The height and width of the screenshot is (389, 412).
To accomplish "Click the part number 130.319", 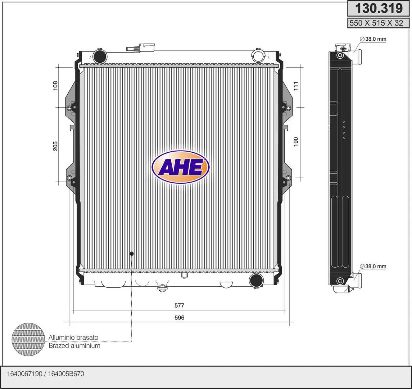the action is coord(379,8).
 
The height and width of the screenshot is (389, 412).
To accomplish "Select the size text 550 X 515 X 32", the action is coord(376,23).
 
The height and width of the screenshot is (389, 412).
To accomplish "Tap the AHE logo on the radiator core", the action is coord(181,167).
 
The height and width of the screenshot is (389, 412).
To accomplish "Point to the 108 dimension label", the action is coord(55,86).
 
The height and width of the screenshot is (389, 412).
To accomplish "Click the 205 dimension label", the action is coord(55,146).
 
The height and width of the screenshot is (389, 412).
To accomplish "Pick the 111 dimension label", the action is coord(296,86).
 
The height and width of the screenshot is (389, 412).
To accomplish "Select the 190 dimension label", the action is coord(296,142).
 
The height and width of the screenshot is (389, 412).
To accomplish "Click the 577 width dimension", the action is coord(180,305).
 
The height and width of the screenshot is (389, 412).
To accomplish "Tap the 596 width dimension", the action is coord(180,317).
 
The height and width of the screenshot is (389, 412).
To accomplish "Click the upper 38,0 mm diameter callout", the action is coord(373,39).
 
